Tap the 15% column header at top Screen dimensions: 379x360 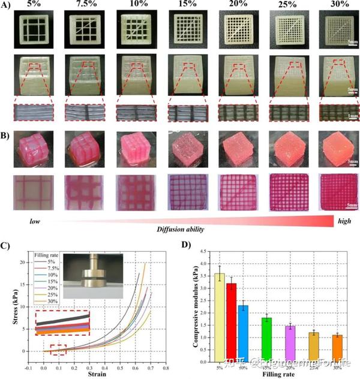(184, 6)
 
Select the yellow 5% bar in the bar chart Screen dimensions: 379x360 (220, 318)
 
